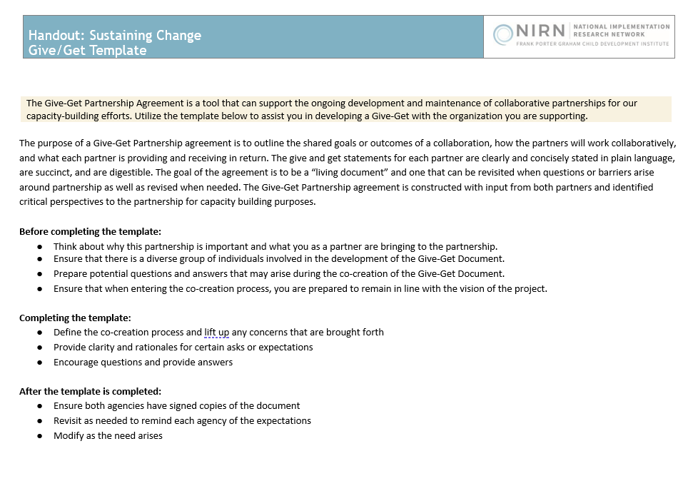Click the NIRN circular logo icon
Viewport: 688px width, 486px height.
[503, 33]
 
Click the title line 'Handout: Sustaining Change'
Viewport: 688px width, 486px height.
[115, 35]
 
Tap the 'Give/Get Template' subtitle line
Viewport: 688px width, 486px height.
[88, 51]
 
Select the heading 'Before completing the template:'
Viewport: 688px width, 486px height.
[91, 231]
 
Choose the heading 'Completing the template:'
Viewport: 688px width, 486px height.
[75, 318]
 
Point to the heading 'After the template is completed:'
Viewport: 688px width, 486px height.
[90, 391]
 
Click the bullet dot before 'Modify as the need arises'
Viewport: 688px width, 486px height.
[41, 436]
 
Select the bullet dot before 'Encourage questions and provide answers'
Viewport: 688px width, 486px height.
[41, 363]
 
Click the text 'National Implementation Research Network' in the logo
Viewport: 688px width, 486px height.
[621, 30]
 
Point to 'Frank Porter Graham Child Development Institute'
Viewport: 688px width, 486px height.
[592, 44]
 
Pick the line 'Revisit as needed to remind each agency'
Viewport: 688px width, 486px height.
[182, 420]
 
